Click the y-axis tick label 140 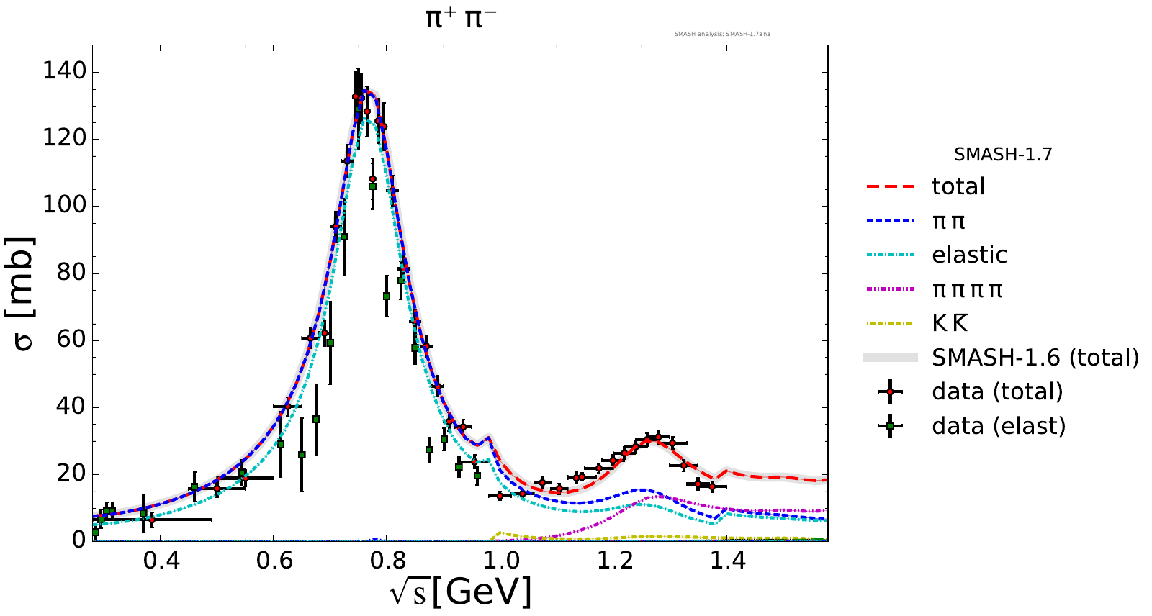pos(64,71)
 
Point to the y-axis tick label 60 pos(71,340)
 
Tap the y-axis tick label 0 pos(78,540)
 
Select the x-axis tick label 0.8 pos(387,561)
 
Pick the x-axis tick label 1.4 pos(728,561)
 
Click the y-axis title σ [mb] pos(23,293)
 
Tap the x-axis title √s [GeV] pos(461,592)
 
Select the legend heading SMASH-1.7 pos(1003,155)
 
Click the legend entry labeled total pos(958,187)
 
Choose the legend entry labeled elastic pos(969,255)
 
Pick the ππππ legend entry pos(967,290)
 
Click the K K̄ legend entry pos(950,324)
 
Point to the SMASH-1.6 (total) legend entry pos(1035,358)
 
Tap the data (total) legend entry pos(996,392)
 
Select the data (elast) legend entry pos(998,426)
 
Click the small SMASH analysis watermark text pos(722,34)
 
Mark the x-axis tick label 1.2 pos(614,561)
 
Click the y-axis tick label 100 pos(64,206)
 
